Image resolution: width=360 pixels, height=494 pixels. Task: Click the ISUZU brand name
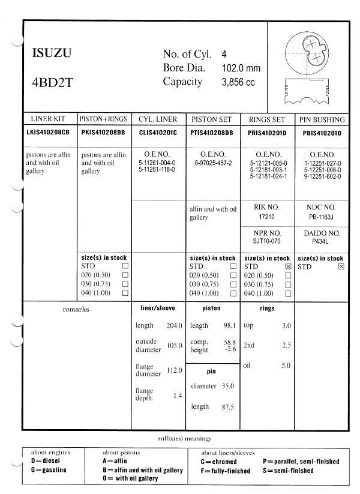click(52, 53)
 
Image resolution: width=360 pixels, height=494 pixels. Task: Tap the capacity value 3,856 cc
click(238, 82)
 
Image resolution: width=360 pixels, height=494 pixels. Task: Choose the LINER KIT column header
click(50, 119)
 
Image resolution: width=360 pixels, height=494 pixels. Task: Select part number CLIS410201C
click(158, 132)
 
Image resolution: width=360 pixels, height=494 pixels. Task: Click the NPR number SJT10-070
click(267, 241)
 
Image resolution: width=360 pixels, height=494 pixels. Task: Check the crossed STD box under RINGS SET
click(289, 266)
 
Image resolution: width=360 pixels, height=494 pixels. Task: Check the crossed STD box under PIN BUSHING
click(341, 266)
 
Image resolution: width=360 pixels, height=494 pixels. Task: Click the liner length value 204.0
click(174, 325)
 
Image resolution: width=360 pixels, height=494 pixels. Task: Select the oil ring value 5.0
click(286, 365)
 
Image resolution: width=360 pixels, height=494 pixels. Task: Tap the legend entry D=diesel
click(46, 462)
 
